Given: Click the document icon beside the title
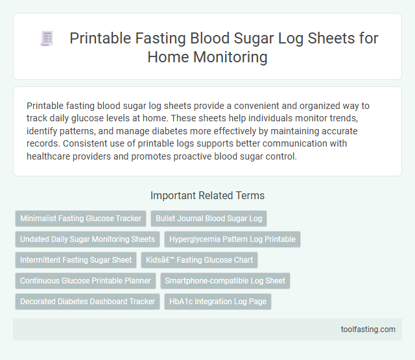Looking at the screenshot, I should pos(47,39).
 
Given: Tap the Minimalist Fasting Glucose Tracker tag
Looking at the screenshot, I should pos(81,219).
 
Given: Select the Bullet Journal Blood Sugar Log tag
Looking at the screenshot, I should pos(208,219).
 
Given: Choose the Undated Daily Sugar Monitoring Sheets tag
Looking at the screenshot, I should pos(88,239).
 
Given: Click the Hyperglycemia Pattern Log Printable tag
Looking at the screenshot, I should pos(232,239).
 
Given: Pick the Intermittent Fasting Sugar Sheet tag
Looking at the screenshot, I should pos(76,260).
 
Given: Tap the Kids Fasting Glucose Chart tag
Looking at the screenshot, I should pos(200,260).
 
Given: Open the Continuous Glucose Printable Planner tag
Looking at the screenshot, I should pos(85,281).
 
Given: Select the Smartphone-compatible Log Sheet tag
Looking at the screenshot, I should pos(225,281).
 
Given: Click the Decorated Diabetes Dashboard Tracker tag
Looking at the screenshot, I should pos(88,302).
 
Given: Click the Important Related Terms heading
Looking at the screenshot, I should pos(207,195).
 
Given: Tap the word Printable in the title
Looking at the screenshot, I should pos(100,38).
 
